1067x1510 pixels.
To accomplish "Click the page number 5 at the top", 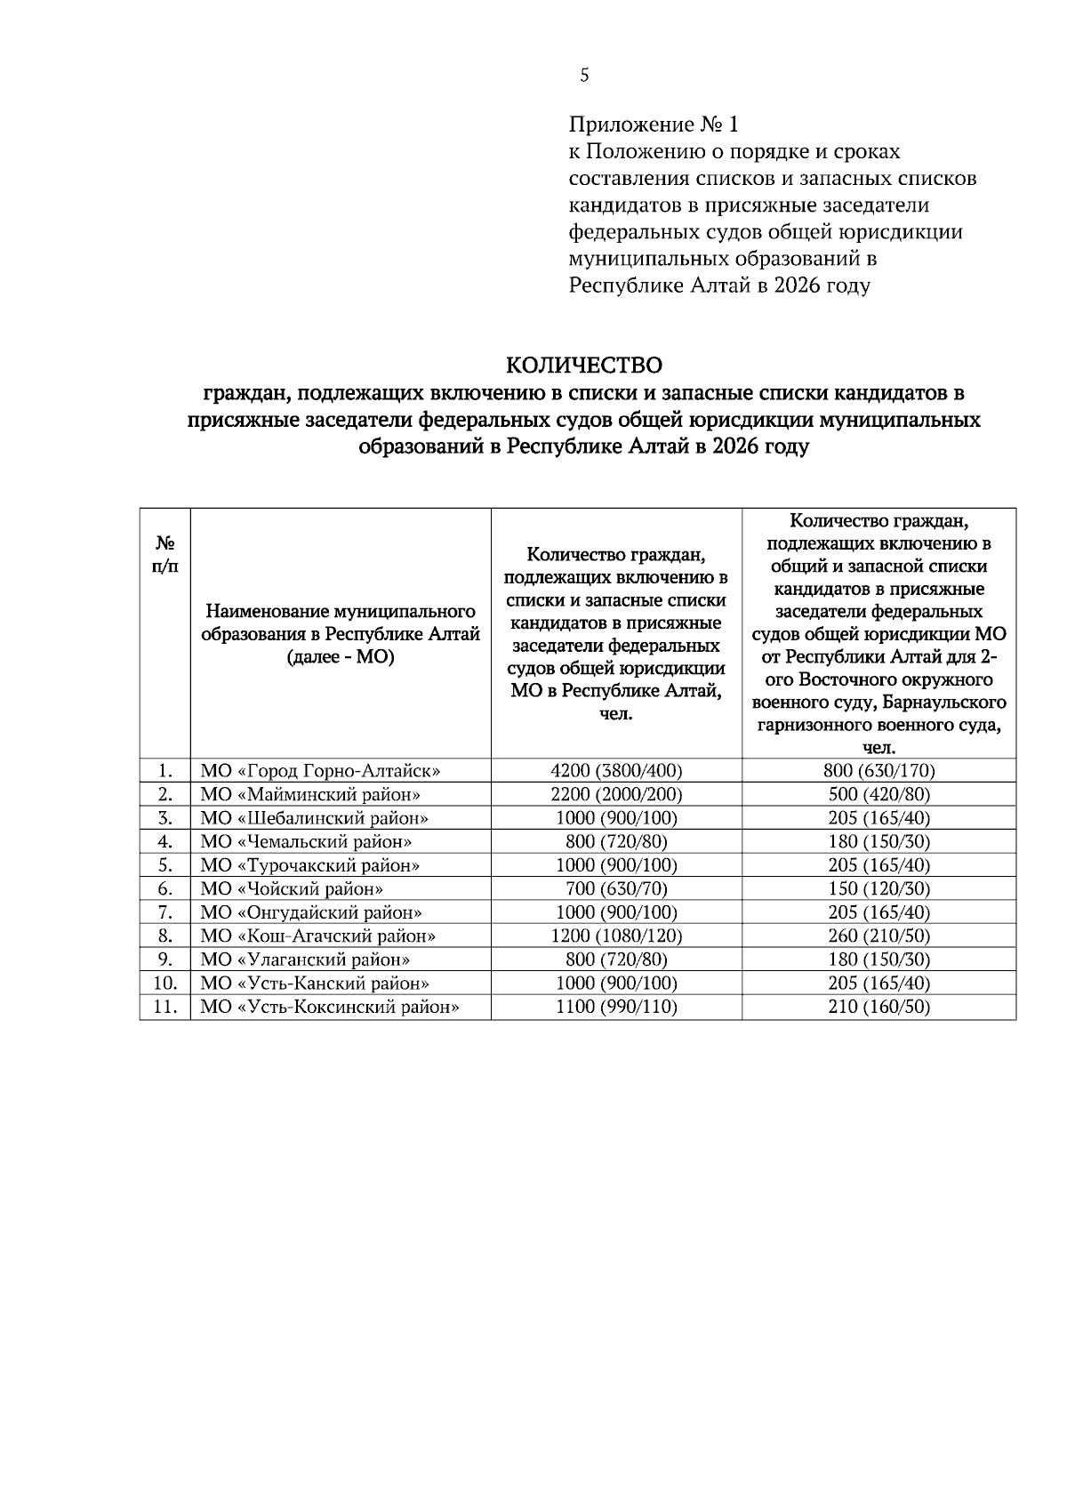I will [584, 76].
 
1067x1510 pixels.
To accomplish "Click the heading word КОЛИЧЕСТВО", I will [584, 365].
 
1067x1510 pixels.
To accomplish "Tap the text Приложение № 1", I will [654, 125].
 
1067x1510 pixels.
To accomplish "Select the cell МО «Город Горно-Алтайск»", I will [320, 771].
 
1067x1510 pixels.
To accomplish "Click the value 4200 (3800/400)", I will [616, 771].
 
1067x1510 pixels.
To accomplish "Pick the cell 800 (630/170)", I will [878, 771].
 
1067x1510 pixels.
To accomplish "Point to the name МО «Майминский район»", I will [310, 794].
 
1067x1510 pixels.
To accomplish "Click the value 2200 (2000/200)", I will [616, 794].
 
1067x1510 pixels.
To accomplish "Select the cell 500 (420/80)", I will [878, 794].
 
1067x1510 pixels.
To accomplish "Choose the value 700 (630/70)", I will [616, 888].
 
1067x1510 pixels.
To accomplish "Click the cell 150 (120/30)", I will [878, 888].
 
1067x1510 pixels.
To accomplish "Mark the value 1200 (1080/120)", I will [616, 936].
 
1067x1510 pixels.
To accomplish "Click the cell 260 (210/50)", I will [878, 936].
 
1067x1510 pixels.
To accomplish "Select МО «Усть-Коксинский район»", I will [330, 1007].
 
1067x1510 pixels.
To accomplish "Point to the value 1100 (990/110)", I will [616, 1007].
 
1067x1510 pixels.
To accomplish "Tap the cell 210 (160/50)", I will [878, 1007].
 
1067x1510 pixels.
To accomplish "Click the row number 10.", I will [164, 984].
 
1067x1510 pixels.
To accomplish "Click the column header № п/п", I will [164, 554].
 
